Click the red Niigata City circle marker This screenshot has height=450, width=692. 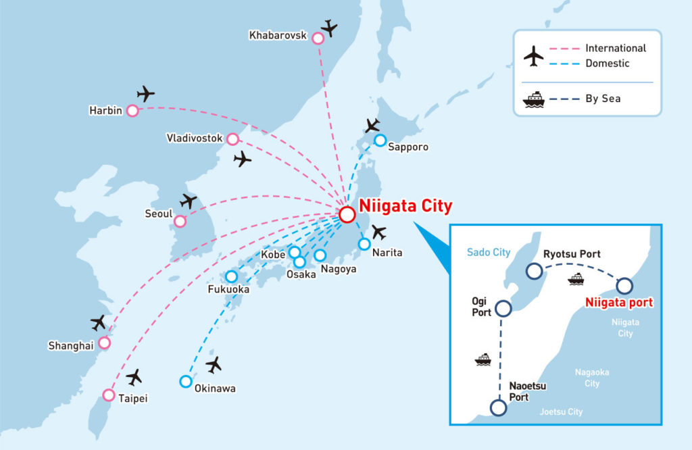tap(347, 214)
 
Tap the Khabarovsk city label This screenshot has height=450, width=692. tap(278, 35)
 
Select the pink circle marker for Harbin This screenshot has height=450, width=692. tap(132, 110)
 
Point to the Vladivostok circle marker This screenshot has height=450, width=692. tap(233, 139)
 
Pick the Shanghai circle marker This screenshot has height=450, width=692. tap(105, 343)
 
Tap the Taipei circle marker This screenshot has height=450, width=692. tap(109, 395)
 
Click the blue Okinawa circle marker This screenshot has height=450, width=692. tap(186, 381)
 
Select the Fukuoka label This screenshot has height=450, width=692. tap(228, 290)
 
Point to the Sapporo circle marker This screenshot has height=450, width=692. tap(380, 141)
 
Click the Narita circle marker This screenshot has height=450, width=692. tap(365, 243)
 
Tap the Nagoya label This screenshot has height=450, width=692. tap(339, 269)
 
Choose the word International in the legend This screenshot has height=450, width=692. tap(616, 48)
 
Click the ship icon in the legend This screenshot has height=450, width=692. tap(534, 99)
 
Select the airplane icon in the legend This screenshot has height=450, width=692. tap(534, 55)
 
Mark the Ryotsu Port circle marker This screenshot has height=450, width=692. tap(535, 272)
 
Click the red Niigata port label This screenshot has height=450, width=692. tap(620, 303)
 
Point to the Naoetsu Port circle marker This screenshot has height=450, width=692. tap(498, 407)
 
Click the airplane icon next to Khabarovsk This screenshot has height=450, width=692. tap(329, 28)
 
